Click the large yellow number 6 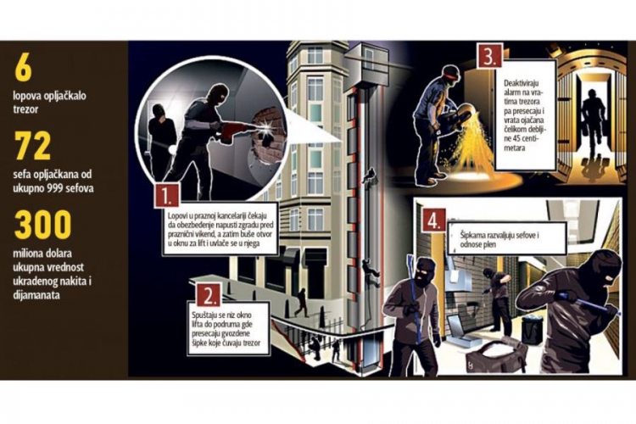pos(24,69)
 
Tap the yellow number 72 pos(33,146)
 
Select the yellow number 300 pos(43,225)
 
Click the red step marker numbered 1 pos(167,196)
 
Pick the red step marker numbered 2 pos(209,295)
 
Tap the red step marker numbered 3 pos(489,57)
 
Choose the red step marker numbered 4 pos(433,221)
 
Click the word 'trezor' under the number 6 pos(25,109)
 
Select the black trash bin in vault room pos(532,329)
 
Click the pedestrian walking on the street pos(301,302)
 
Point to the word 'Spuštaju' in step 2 pos(206,315)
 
